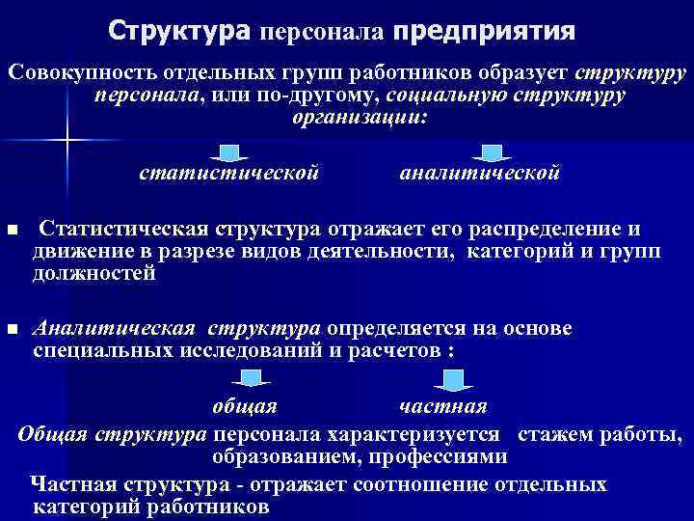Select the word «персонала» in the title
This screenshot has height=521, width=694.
pyautogui.click(x=322, y=33)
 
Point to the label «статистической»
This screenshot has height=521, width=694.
pyautogui.click(x=229, y=175)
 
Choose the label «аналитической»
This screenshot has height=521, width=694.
pyautogui.click(x=479, y=175)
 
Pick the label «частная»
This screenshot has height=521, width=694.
pyautogui.click(x=442, y=405)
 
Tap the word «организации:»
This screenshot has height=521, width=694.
pyautogui.click(x=357, y=117)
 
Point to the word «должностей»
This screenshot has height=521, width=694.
pyautogui.click(x=93, y=274)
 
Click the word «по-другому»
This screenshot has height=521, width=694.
pyautogui.click(x=327, y=96)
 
